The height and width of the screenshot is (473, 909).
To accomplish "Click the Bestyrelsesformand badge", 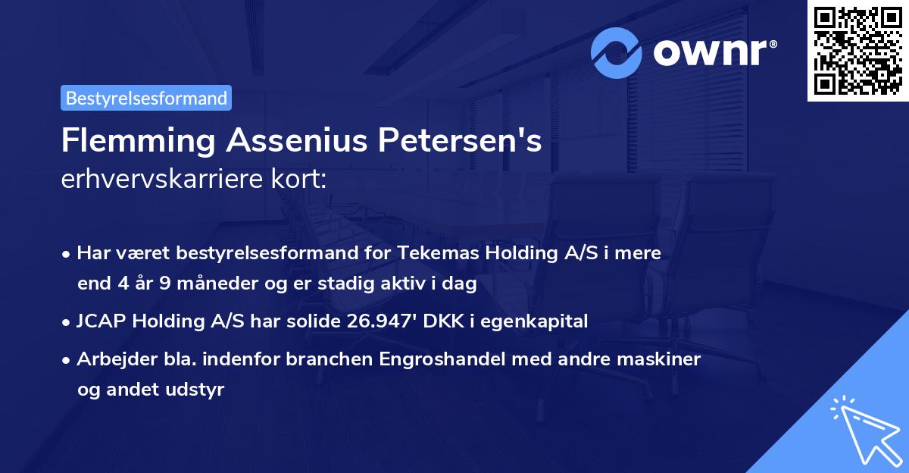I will click(x=146, y=98).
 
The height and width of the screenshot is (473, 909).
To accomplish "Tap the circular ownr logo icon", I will click(x=617, y=53).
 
